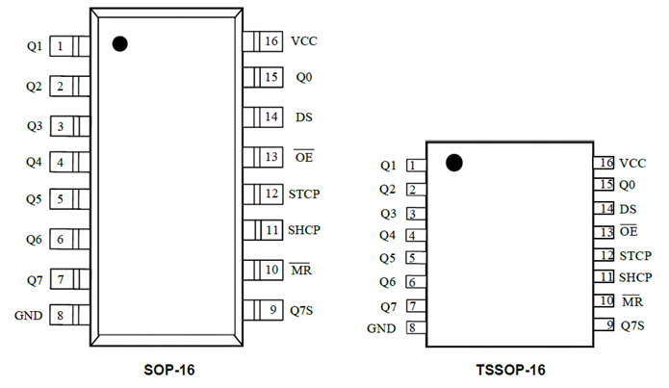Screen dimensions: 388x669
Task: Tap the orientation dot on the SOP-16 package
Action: [120, 43]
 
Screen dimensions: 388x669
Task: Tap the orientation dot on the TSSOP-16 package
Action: [454, 163]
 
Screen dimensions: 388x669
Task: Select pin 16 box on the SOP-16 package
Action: [270, 41]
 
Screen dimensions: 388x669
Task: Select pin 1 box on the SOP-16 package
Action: [61, 46]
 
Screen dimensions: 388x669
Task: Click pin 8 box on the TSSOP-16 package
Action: [413, 328]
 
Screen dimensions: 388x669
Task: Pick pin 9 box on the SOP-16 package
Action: [272, 309]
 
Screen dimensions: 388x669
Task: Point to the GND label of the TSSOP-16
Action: [383, 328]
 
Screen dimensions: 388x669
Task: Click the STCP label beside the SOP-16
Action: [304, 194]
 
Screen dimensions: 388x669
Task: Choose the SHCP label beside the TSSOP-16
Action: [637, 277]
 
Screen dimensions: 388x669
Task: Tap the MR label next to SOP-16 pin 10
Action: [300, 271]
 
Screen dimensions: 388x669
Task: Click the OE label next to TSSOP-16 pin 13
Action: [630, 232]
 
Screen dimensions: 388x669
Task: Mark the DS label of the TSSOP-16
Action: [628, 209]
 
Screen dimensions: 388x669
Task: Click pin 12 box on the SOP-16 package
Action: [271, 194]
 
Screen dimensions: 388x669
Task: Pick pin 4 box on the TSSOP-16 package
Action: [413, 235]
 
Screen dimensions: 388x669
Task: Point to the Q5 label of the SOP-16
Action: [34, 200]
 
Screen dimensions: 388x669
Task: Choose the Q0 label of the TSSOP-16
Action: [628, 185]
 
